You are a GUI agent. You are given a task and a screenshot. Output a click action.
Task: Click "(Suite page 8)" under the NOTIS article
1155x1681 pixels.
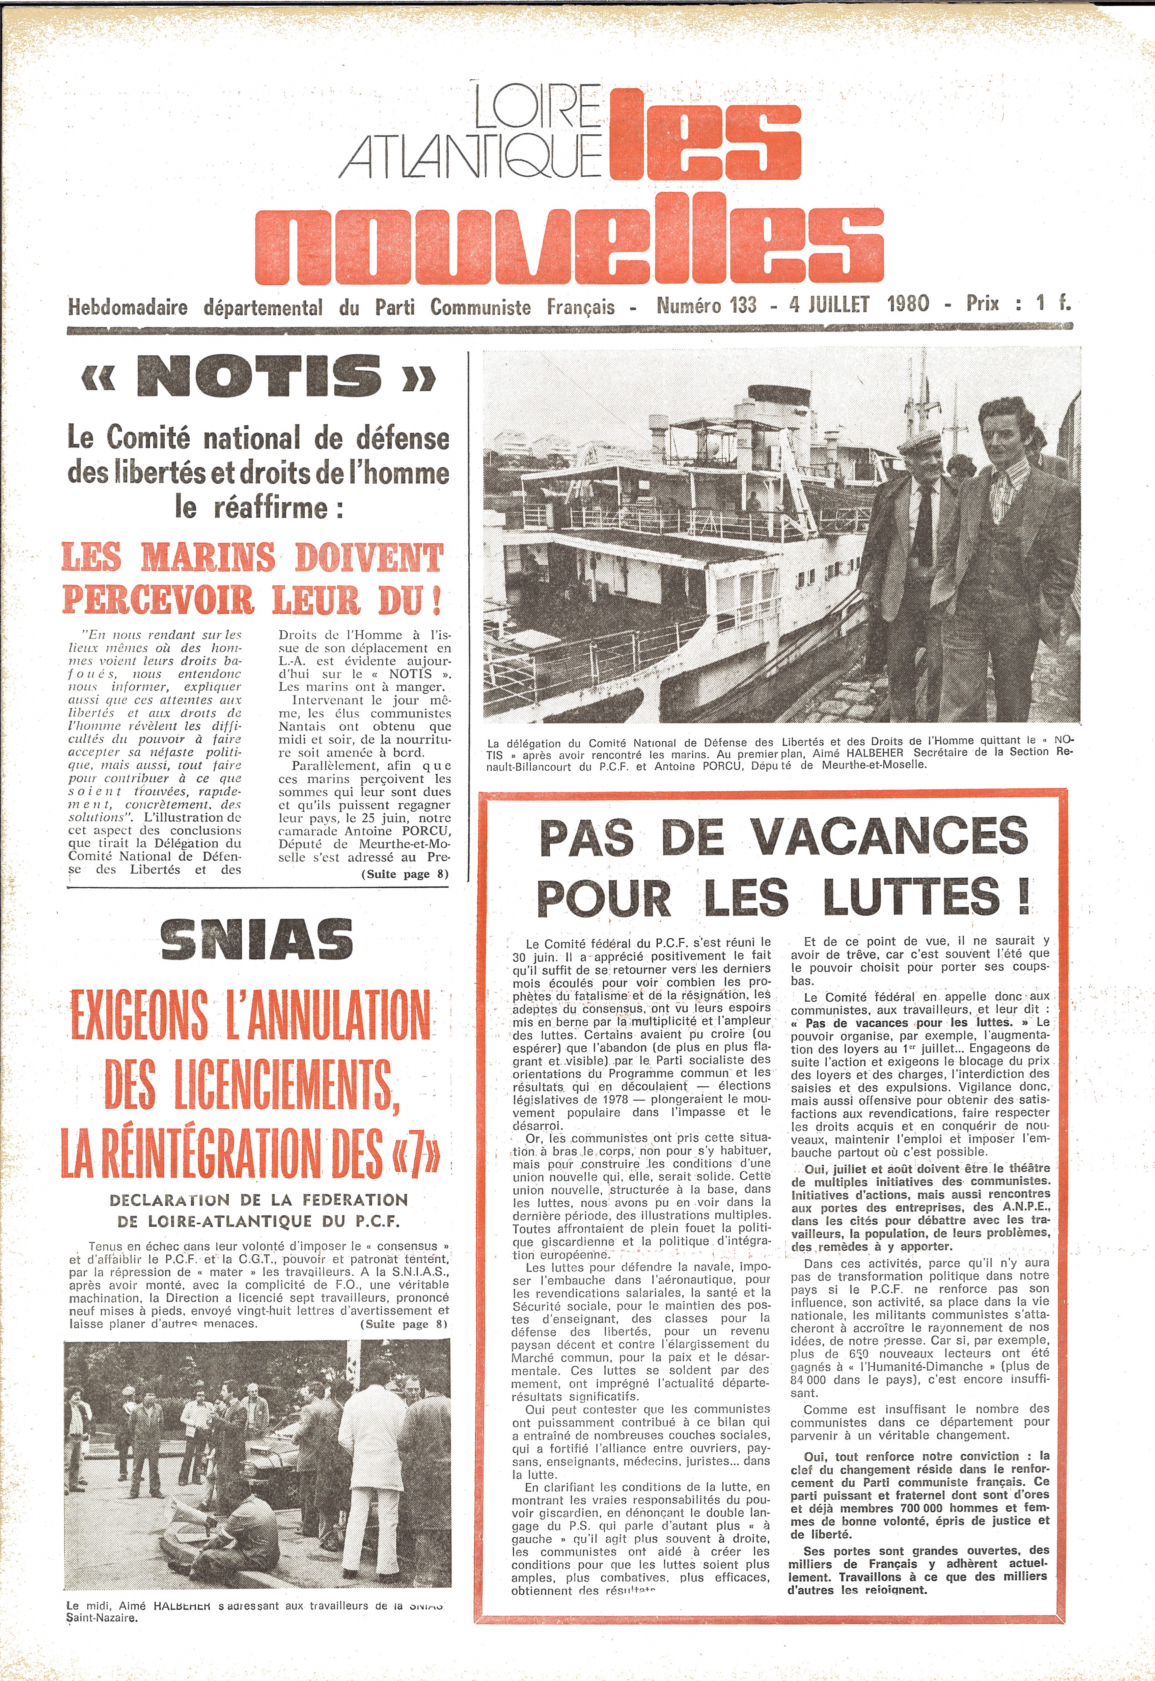tap(405, 874)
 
